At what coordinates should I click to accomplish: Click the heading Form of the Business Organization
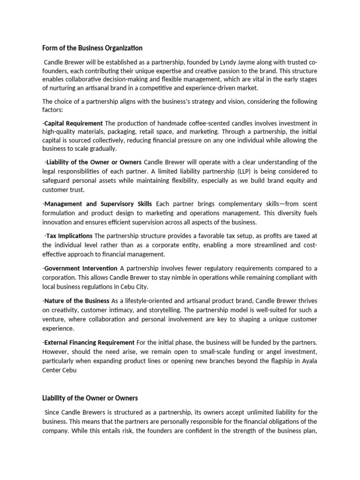coord(92,48)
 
